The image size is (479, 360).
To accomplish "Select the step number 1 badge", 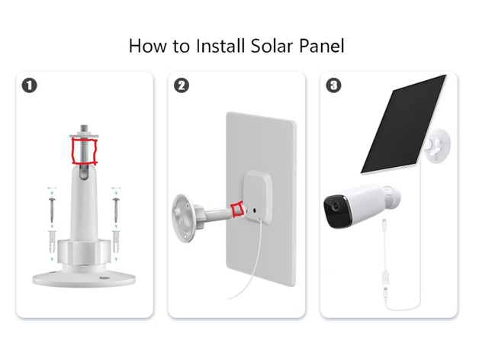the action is [29, 85].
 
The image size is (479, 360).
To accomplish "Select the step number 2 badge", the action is [182, 85].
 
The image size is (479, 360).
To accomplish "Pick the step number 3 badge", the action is [333, 85].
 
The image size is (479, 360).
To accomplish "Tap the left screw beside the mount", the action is [52, 210].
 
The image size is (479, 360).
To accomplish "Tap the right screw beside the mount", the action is [116, 210].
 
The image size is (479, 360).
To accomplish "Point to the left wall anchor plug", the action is [52, 242].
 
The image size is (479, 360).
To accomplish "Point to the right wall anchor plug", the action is [116, 242].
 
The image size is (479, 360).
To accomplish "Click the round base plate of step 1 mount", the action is [84, 279].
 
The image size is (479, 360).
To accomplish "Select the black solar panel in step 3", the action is [403, 124].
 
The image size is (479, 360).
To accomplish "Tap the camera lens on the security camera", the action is [336, 206].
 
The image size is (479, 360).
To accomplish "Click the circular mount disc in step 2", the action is [183, 218].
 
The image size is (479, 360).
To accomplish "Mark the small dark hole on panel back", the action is [255, 211].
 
